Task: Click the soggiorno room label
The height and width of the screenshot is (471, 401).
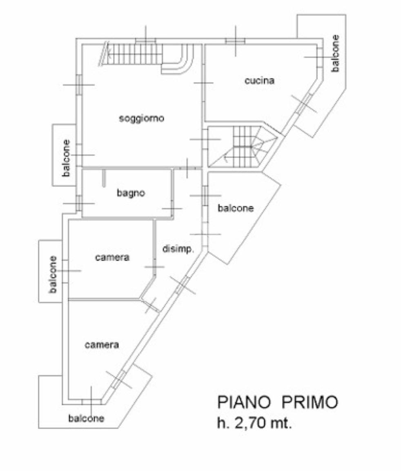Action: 141,118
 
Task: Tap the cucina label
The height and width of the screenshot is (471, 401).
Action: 259,80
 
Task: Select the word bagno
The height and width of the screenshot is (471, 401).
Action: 131,193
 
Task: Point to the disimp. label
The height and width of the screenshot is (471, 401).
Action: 178,249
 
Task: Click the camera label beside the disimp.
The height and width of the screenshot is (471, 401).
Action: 112,258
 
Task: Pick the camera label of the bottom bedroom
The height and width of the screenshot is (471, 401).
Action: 102,344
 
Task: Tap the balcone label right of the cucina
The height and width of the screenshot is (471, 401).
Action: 335,53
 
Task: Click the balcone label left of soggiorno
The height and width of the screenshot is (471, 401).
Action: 66,158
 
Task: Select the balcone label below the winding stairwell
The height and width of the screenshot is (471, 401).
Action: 236,208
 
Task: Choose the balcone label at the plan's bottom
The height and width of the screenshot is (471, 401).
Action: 86,418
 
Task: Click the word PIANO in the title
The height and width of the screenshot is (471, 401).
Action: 244,402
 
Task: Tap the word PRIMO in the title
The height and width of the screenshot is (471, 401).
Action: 310,402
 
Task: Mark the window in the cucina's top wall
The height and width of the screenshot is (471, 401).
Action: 235,41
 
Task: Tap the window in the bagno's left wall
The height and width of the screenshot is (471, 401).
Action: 79,202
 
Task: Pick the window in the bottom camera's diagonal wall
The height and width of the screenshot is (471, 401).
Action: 119,379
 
